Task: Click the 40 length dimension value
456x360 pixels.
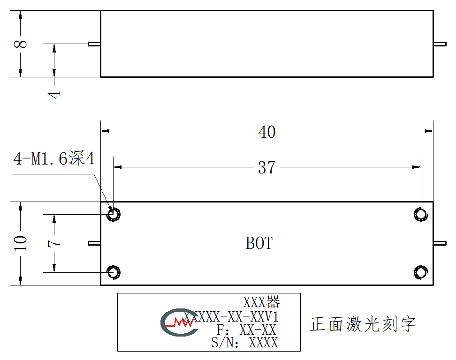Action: [x=266, y=132]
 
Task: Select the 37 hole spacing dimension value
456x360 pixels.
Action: [x=266, y=168]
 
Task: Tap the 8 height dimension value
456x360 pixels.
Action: [x=20, y=44]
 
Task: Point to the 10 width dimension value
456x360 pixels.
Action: [x=20, y=243]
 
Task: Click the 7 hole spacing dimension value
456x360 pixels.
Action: [x=54, y=243]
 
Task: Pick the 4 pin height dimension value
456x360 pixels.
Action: [x=54, y=94]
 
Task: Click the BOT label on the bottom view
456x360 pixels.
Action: [x=259, y=243]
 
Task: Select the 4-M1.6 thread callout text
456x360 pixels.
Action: [x=54, y=158]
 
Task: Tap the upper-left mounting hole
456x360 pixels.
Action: [x=113, y=214]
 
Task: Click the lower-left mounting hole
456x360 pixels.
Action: [x=113, y=272]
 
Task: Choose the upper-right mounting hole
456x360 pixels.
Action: [x=421, y=214]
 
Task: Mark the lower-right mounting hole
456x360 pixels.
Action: [x=421, y=272]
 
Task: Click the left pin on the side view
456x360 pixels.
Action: [x=94, y=44]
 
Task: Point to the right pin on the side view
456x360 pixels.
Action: [x=440, y=44]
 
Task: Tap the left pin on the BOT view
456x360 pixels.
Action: [x=94, y=243]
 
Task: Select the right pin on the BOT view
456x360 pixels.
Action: [x=440, y=243]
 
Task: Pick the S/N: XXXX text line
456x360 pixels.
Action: [x=244, y=343]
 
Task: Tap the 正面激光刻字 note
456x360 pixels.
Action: [x=363, y=324]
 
